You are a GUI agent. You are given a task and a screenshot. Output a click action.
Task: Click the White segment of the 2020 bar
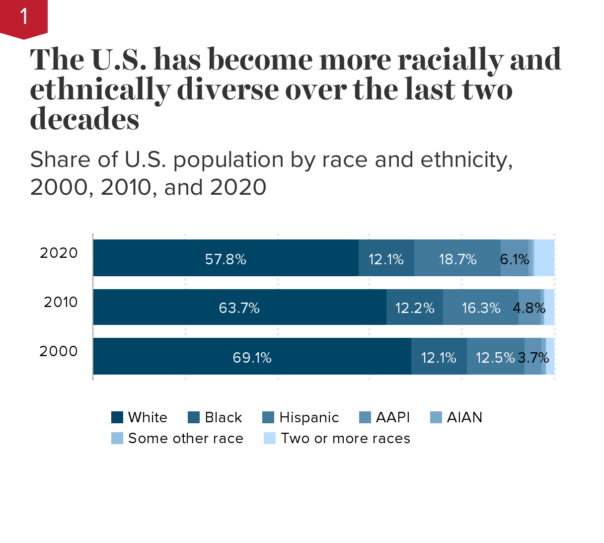226,258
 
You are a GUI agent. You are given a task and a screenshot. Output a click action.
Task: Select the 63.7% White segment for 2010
239,308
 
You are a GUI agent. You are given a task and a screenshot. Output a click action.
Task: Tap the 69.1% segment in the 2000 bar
252,357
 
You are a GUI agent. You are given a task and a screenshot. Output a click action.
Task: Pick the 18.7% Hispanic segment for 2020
457,258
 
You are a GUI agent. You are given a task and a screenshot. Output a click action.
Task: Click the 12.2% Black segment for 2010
415,308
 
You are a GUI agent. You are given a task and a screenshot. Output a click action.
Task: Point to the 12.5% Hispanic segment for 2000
495,357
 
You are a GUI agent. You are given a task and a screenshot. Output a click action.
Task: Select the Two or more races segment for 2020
544,258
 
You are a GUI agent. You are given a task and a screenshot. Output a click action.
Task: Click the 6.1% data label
515,259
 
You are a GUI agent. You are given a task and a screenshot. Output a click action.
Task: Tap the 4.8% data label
529,308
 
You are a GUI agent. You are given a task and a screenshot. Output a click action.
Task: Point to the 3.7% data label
533,358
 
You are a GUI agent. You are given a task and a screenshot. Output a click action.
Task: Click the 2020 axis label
59,253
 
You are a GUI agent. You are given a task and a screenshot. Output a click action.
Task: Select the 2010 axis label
61,302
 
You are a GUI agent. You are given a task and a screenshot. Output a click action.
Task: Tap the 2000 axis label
59,351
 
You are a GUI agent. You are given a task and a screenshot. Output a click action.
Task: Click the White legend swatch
117,417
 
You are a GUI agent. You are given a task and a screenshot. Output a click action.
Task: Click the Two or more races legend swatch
270,438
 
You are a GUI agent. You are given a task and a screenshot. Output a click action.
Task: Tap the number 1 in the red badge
24,17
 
